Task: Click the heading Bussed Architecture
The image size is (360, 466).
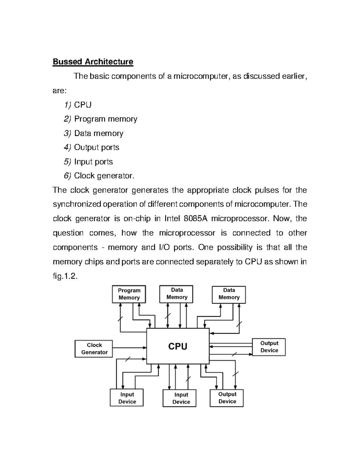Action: click(x=93, y=62)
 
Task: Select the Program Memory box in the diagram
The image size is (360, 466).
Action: click(x=129, y=294)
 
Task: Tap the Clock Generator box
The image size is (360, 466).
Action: click(x=94, y=349)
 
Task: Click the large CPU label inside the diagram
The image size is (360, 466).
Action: click(x=178, y=347)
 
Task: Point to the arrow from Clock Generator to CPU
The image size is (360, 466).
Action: click(x=129, y=348)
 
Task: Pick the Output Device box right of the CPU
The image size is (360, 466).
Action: click(x=269, y=347)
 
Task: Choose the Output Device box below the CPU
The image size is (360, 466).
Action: click(x=226, y=398)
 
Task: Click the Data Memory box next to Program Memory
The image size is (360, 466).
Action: click(x=176, y=294)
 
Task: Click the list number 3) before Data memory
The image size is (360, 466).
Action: click(x=67, y=133)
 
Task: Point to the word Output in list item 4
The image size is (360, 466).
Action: click(x=86, y=147)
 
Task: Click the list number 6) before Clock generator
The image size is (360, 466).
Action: click(x=67, y=176)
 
